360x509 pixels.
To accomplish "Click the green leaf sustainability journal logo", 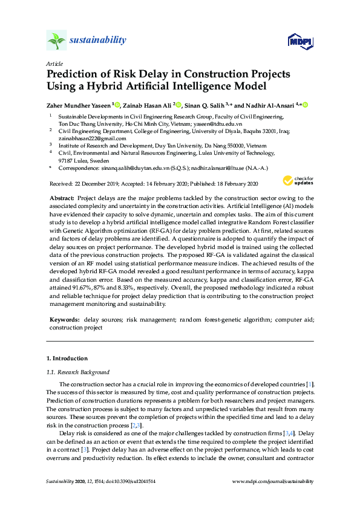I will (x=56, y=41).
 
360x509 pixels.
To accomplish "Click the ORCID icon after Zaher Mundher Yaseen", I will (x=117, y=105).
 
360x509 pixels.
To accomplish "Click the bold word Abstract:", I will (x=62, y=198).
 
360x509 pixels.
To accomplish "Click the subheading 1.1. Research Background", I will (x=78, y=372).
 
